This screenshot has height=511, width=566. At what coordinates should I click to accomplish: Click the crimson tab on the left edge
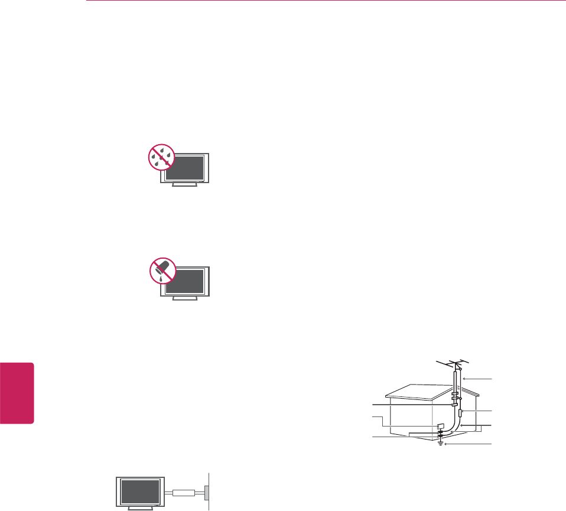[17, 392]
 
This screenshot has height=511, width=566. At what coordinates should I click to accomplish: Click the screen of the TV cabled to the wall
[139, 490]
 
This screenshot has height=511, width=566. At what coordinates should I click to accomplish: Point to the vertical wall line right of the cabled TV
[209, 490]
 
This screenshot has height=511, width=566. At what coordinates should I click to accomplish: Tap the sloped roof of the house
[419, 394]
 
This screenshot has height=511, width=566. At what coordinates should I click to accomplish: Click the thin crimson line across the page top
[325, 1]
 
